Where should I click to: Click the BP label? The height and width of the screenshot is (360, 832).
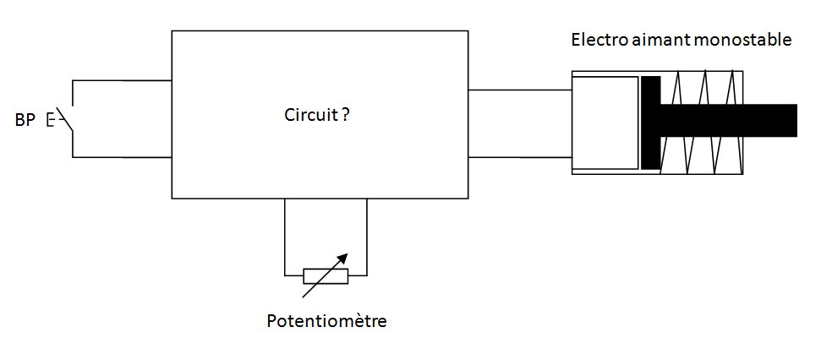[x=25, y=120]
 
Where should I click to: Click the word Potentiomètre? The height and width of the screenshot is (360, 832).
[x=326, y=321]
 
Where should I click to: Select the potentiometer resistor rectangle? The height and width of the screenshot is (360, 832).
[x=326, y=275]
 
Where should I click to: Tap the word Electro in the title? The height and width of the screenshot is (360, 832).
[x=595, y=40]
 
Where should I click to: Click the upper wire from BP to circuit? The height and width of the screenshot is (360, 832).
[x=123, y=81]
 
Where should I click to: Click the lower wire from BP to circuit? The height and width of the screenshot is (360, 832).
[x=123, y=157]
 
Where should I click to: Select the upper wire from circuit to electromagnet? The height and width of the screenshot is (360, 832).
[x=520, y=90]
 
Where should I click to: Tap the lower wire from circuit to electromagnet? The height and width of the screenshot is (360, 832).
[x=520, y=156]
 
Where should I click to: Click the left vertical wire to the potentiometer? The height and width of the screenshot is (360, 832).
[x=285, y=237]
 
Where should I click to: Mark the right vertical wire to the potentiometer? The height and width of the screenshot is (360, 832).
[x=367, y=237]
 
